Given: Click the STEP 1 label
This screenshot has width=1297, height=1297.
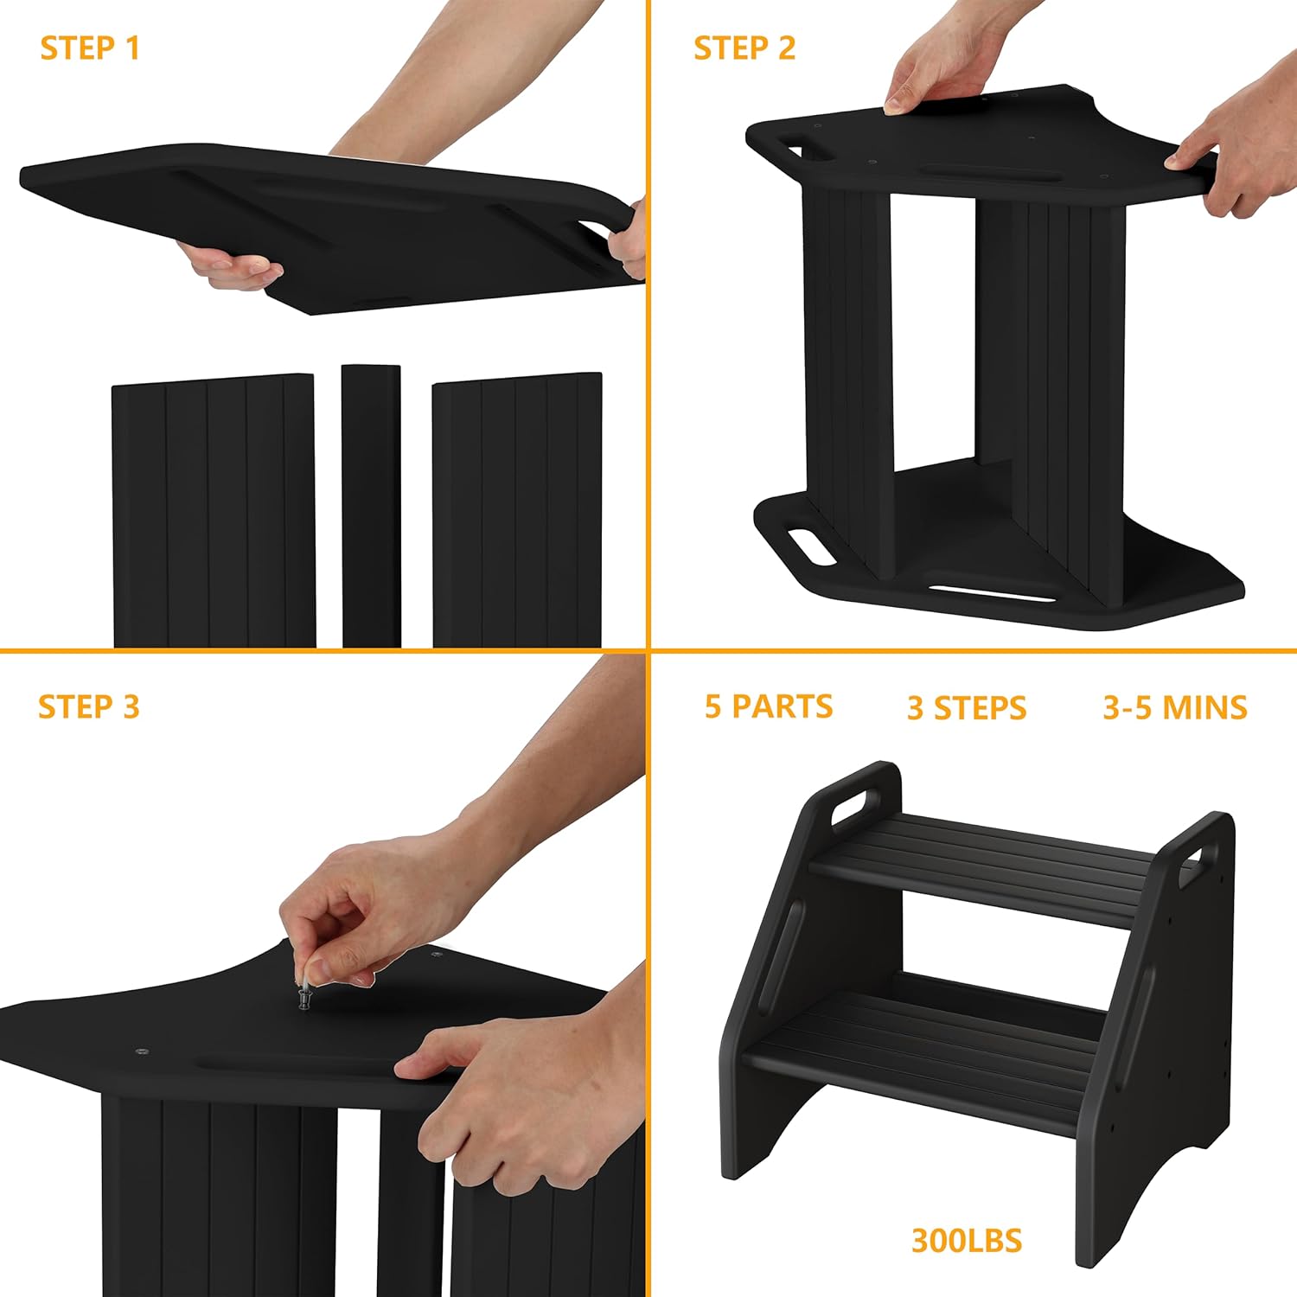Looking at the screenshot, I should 90,48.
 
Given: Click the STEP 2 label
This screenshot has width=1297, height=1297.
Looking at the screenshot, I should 744,48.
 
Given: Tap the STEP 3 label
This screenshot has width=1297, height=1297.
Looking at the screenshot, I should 89,706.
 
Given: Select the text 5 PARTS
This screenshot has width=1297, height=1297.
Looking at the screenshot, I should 769,706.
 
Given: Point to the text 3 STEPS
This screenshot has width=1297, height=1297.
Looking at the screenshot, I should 967,708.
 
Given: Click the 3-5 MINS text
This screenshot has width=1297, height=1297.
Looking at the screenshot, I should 1175,708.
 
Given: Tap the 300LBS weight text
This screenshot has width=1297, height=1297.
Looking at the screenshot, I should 967,1241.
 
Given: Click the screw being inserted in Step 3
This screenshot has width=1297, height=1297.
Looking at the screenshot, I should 304,996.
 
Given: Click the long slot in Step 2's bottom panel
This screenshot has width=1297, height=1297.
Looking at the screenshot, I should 992,594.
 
